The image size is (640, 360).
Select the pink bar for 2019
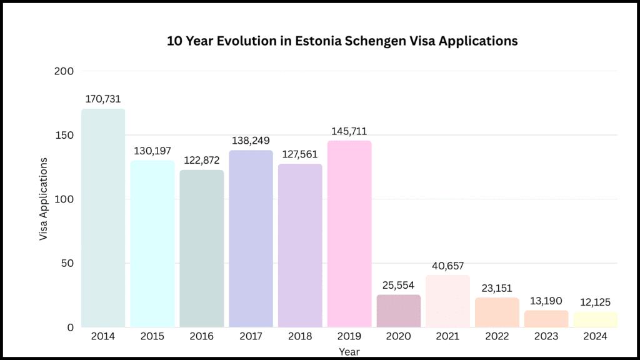pos(349,234)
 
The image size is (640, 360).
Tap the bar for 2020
pos(399,311)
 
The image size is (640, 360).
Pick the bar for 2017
pos(251,238)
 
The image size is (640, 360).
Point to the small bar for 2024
pos(596,319)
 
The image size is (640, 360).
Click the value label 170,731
pos(103,99)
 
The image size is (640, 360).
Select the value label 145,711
pos(349,131)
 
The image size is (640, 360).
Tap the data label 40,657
pos(447,266)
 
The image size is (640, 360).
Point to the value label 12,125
pos(596,302)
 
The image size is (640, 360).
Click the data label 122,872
pos(201,160)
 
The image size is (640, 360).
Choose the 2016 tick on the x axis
pos(201,336)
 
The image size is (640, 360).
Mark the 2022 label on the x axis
pos(497,336)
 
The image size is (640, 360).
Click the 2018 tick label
pos(300,336)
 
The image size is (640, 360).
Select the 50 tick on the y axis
pos(66,263)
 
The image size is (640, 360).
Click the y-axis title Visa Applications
pos(44,199)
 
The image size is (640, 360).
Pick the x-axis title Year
pos(349,352)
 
